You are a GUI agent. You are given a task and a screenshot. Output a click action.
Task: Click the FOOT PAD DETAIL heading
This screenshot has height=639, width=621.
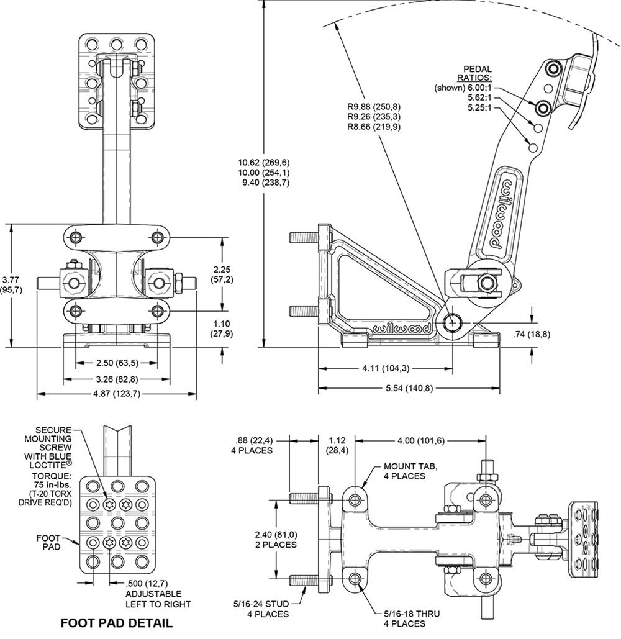116,622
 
